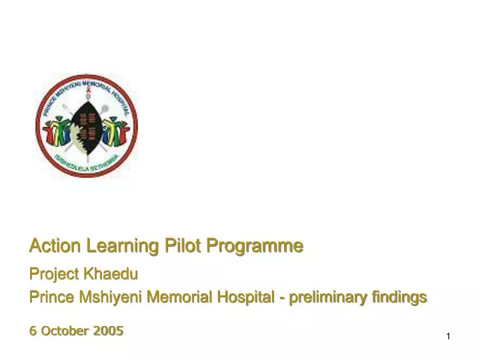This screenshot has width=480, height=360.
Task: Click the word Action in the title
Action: pyautogui.click(x=49, y=247)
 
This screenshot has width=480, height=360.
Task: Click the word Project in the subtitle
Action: pyautogui.click(x=55, y=273)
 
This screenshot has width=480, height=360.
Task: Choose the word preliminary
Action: pyautogui.click(x=324, y=297)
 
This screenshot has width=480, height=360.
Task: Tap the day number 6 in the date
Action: pyautogui.click(x=33, y=331)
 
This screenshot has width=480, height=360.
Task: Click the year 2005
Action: pyautogui.click(x=109, y=331)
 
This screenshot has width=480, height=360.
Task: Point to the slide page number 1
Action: pyautogui.click(x=449, y=337)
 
